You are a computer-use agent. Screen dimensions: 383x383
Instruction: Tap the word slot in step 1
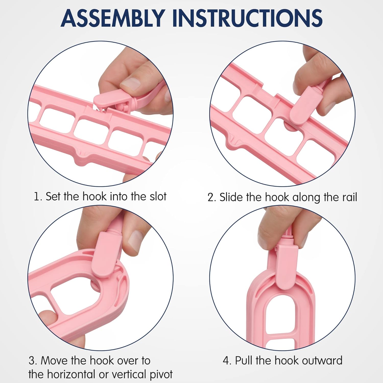158,196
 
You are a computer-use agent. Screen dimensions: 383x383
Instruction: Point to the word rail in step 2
349,197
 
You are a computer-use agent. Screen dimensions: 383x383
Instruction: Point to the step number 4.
227,361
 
